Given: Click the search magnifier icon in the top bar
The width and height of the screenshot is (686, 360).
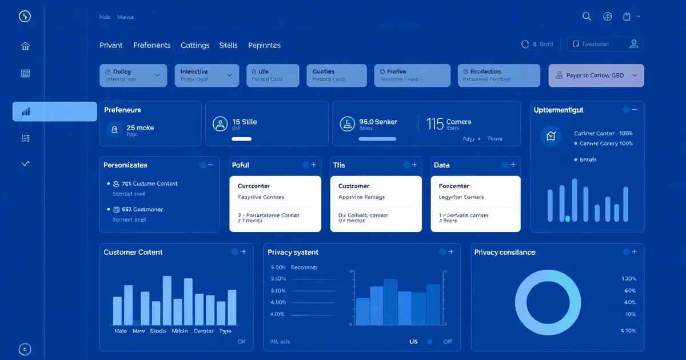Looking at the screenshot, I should pos(587,17).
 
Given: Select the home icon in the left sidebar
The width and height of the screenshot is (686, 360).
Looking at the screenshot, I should pos(25,46).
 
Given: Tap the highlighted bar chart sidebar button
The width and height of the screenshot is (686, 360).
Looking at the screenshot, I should pos(54,111).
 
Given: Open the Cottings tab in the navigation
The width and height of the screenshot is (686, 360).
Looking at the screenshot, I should pos(195,45).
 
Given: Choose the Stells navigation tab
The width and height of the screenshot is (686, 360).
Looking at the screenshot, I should pos(228,45).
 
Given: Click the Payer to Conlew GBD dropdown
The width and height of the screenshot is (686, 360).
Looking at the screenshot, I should pos(596,75).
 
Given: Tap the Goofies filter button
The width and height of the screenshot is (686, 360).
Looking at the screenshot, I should pos(336,75).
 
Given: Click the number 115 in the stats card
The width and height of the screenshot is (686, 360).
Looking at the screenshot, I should pos(435,123).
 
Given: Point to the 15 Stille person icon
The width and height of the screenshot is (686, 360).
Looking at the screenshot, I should pos(220,124).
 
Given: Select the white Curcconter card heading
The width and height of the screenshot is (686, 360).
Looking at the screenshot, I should pos(254,186).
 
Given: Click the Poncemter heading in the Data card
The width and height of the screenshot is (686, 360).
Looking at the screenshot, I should pos(454,186).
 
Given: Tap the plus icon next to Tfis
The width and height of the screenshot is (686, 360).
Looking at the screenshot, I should pos(414,165).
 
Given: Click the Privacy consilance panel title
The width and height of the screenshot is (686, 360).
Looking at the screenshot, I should pos(505,252).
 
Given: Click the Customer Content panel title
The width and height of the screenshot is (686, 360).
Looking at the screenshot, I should pos(133,252).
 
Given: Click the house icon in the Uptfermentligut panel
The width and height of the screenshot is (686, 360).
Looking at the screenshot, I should pos(551,136).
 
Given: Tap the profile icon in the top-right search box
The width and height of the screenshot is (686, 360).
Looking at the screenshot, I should pos(633,44).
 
